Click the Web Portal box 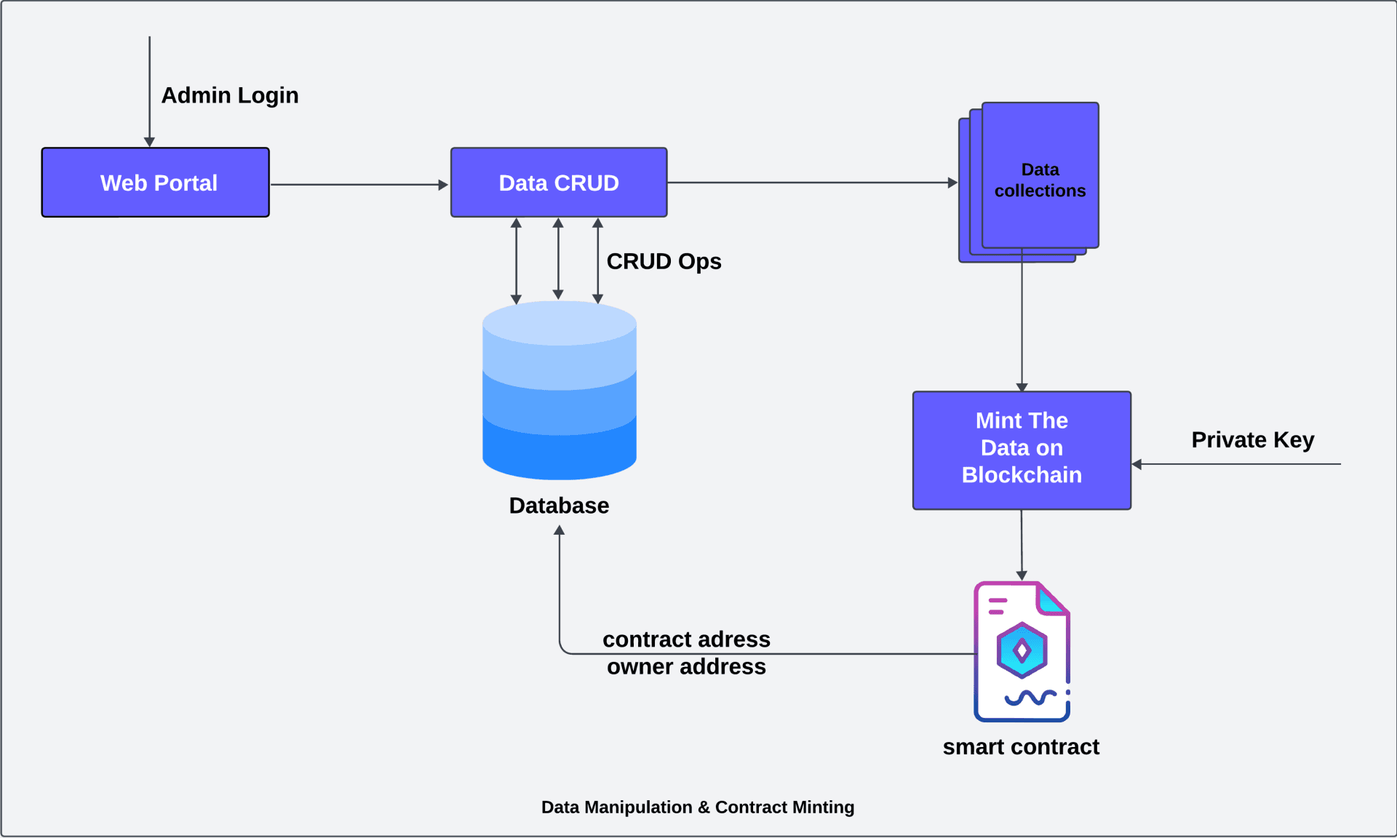[156, 183]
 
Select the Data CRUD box [558, 183]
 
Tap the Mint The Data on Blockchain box [1022, 450]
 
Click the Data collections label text [1040, 180]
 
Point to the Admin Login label [229, 95]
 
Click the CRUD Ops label [664, 261]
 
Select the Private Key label [1252, 440]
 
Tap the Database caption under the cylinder [559, 506]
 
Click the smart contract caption [1021, 747]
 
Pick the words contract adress [686, 639]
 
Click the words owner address [686, 666]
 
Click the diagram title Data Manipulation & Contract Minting [697, 807]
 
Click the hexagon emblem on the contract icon [1022, 650]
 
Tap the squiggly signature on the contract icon [1030, 698]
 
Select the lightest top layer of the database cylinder [559, 324]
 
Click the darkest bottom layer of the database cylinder [559, 455]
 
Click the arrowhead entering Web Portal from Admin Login [149, 142]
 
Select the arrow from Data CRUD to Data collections [811, 183]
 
